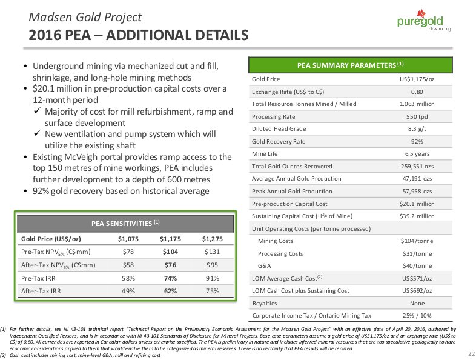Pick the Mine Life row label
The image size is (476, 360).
(265, 154)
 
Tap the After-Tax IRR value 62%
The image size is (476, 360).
(170, 290)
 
